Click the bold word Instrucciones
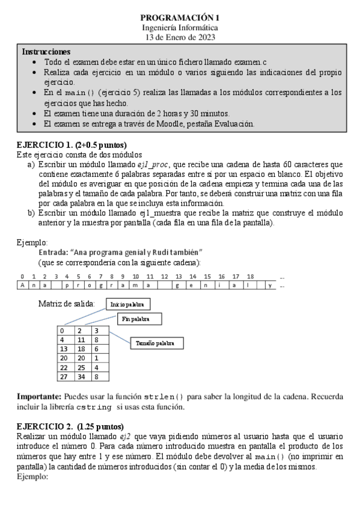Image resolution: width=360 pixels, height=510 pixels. [x=46, y=52]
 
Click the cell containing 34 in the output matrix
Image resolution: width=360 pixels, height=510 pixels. [x=82, y=376]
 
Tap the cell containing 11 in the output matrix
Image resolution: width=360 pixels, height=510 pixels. [x=82, y=339]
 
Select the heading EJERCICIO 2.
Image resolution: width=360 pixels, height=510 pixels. [x=46, y=425]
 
